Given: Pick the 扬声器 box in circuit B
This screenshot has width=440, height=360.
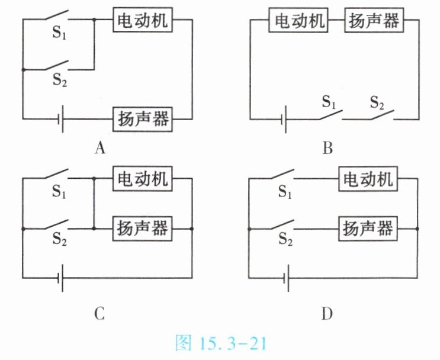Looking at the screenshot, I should click(373, 21).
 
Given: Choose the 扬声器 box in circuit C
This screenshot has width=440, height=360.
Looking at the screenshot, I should click(142, 227).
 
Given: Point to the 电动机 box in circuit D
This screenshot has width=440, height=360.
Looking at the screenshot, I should click(367, 179).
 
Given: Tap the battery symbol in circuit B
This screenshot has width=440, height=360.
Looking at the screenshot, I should click(285, 120).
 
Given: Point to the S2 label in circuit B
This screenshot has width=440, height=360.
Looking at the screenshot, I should click(377, 101).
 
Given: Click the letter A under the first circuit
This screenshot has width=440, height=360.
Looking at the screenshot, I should click(100, 148).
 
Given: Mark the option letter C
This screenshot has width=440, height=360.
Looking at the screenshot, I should click(99, 313).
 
